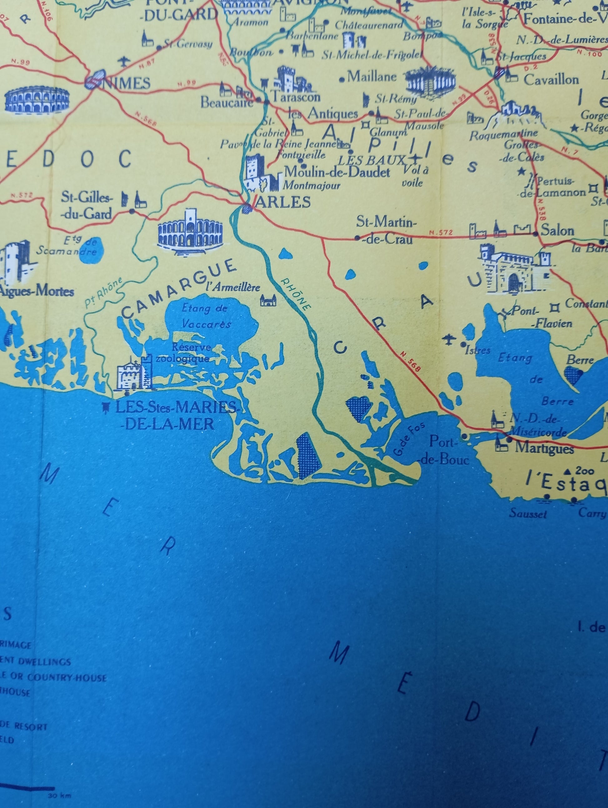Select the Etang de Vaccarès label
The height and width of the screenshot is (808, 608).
tap(206, 316)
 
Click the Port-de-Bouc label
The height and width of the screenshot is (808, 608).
tap(444, 450)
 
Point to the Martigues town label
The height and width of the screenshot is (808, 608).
tap(544, 448)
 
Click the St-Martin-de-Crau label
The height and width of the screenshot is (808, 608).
tap(386, 230)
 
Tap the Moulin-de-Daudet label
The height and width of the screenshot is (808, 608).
tap(337, 172)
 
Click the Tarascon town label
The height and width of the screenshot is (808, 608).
tap(296, 97)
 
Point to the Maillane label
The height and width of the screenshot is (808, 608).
tap(372, 76)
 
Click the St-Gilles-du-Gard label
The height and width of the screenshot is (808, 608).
tap(87, 206)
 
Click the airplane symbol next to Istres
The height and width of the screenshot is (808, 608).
tap(447, 339)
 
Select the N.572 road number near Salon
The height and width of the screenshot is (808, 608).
tap(441, 232)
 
